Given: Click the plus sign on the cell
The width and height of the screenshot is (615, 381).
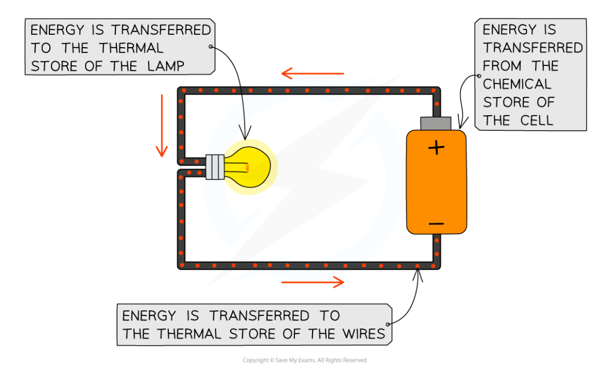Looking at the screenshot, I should pyautogui.click(x=437, y=147).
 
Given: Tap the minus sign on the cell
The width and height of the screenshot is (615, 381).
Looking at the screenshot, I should pyautogui.click(x=436, y=223).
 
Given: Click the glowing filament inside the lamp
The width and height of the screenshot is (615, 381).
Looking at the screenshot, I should pyautogui.click(x=247, y=168).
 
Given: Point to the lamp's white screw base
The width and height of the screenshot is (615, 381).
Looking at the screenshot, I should pyautogui.click(x=215, y=167).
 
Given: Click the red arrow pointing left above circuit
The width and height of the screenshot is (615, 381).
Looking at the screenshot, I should pyautogui.click(x=313, y=73).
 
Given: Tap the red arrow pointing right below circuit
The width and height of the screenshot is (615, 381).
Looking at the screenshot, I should pyautogui.click(x=313, y=282).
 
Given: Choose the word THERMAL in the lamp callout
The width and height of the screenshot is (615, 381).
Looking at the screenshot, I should pyautogui.click(x=131, y=48).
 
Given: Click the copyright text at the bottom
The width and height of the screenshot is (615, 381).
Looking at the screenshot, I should pyautogui.click(x=305, y=361).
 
